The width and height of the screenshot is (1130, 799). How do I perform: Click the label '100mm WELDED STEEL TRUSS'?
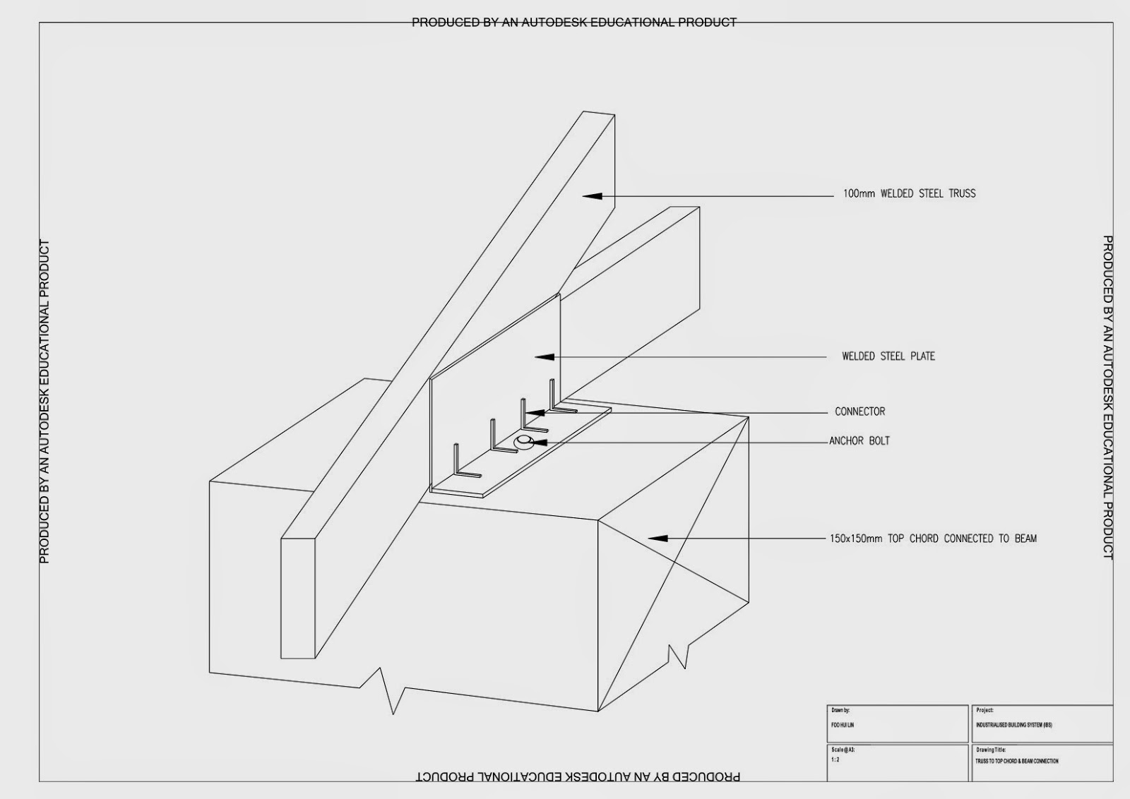point(909,193)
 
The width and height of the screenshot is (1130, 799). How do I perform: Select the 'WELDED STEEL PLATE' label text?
point(888,356)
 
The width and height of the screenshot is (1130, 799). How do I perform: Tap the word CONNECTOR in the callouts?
point(860,411)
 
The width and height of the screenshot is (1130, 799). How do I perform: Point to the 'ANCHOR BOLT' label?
point(860,441)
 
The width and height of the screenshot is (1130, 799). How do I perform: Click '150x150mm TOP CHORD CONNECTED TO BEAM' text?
point(933,539)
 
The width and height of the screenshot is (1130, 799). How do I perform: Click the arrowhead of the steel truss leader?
point(592,196)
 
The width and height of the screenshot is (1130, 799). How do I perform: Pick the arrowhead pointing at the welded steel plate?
point(544,357)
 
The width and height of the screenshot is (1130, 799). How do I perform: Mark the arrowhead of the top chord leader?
point(658,539)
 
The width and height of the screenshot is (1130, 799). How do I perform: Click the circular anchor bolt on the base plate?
point(523,443)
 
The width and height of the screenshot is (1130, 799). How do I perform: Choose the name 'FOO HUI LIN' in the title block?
point(843,725)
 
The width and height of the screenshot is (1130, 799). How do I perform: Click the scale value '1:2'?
point(835,760)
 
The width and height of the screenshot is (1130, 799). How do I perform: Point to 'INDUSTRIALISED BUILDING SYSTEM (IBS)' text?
point(1014,725)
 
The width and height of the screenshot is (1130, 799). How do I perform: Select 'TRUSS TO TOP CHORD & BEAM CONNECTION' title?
point(1017,761)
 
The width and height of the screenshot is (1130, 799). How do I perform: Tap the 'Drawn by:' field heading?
point(840,710)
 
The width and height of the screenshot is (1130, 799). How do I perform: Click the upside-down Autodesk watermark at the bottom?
point(578,776)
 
